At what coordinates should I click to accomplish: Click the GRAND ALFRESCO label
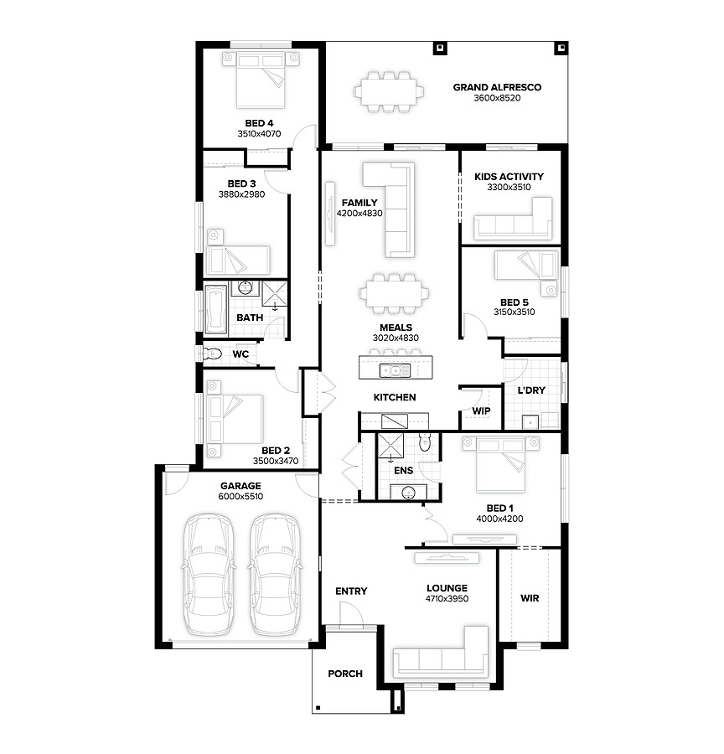coord(497,87)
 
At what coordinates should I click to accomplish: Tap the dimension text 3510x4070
coord(259,134)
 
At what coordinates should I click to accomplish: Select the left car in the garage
coord(209,574)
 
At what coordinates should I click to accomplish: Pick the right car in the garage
coord(276,574)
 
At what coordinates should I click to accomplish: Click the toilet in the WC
coord(211,354)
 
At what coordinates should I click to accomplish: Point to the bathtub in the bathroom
coord(215,309)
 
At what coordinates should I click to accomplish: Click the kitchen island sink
coord(395,370)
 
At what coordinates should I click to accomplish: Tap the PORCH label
coord(345,674)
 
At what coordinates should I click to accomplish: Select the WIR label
coord(530,598)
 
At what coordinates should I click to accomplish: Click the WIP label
coord(481,411)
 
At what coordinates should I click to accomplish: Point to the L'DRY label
coord(531,390)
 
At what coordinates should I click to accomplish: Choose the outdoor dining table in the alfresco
coord(389,91)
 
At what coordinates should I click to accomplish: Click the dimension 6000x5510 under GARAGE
coord(240,496)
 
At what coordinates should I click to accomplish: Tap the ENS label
coord(403,470)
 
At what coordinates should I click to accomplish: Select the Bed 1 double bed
coord(500,464)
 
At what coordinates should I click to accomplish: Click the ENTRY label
coord(351,591)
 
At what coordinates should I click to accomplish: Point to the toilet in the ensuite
coord(424,442)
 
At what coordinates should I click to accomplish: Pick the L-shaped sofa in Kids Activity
coord(513,219)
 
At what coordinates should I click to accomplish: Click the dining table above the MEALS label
coord(394,293)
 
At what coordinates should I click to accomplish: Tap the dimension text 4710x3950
coord(447,599)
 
